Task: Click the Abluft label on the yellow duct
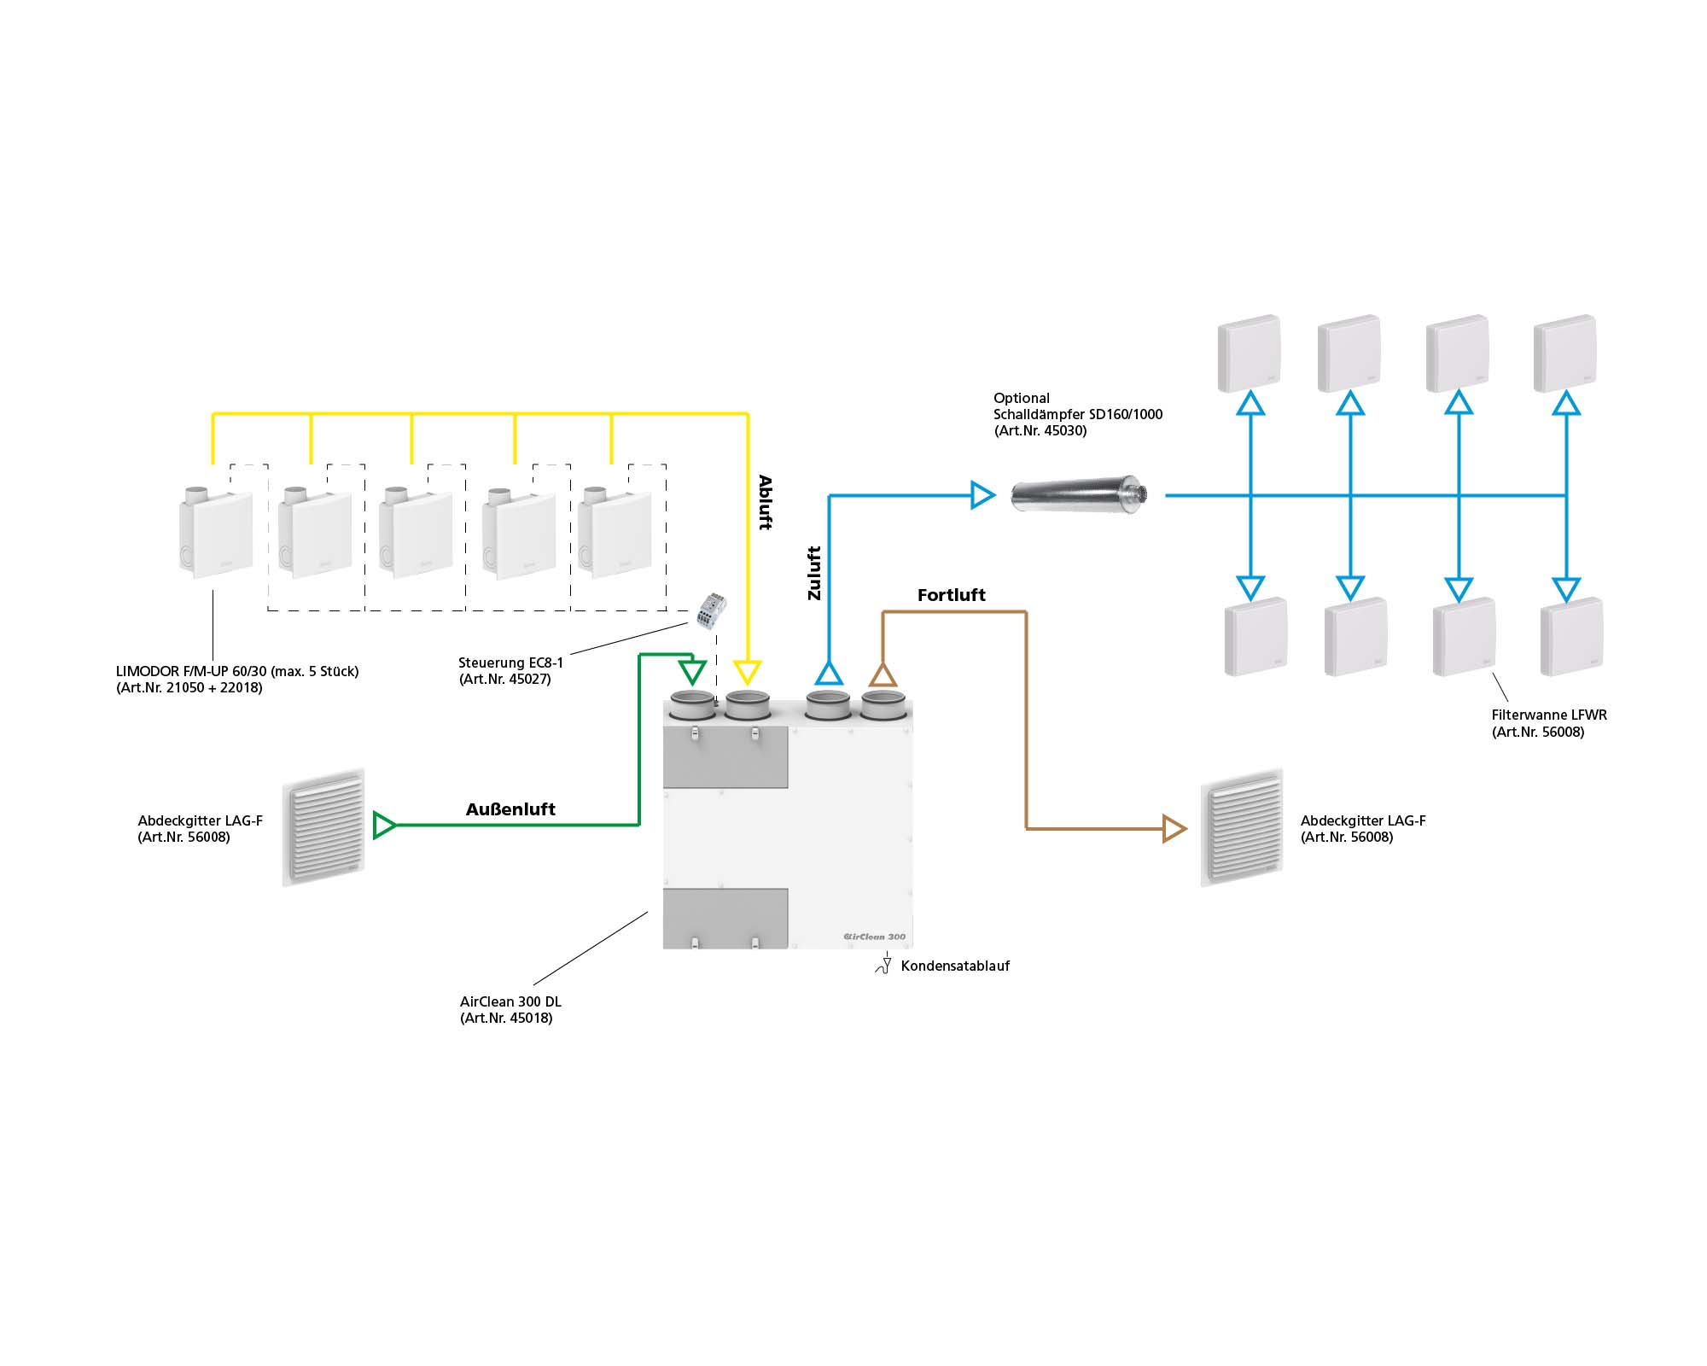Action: pos(765,503)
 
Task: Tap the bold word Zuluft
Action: pos(814,573)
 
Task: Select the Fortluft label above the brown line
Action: pos(951,595)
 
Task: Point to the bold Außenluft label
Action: pos(510,809)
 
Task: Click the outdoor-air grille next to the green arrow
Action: pos(324,826)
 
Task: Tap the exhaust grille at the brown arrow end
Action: pos(1242,826)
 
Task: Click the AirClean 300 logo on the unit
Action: pos(874,937)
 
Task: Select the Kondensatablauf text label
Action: pos(955,966)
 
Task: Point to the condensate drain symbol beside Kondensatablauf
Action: pos(884,966)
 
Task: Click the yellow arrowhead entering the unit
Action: pos(748,672)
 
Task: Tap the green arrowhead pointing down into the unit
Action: pos(692,671)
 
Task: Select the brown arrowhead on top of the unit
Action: pos(883,675)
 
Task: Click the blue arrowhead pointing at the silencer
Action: pos(982,495)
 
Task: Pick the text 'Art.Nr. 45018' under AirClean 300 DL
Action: pos(507,1019)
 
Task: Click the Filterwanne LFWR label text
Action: pos(1548,715)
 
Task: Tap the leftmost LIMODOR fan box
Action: pos(216,532)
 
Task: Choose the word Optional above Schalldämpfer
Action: pos(1021,399)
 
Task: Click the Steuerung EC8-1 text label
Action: pos(510,663)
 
